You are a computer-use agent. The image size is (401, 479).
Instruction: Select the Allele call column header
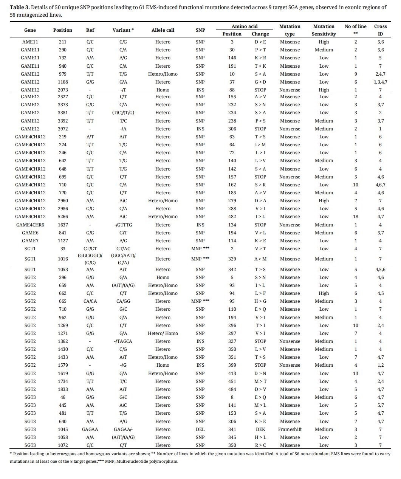(163, 30)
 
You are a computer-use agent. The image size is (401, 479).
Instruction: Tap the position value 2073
(62, 90)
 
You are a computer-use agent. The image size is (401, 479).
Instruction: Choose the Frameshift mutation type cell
(290, 429)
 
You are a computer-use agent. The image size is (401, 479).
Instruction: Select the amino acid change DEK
(260, 429)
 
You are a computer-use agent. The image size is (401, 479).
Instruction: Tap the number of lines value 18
(355, 217)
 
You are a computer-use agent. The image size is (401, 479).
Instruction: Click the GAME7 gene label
(30, 241)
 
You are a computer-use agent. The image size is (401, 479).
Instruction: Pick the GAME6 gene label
(30, 233)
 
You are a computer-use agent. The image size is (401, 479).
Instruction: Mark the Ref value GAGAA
(90, 429)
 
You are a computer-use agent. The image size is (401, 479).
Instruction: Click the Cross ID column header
(380, 30)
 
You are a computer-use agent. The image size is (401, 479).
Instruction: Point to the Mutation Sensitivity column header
(324, 30)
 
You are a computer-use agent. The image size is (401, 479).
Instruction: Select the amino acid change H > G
(260, 301)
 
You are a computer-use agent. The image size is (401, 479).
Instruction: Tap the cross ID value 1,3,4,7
(380, 82)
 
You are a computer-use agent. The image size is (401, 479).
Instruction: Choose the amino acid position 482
(232, 217)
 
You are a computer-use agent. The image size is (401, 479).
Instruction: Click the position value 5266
(62, 217)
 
